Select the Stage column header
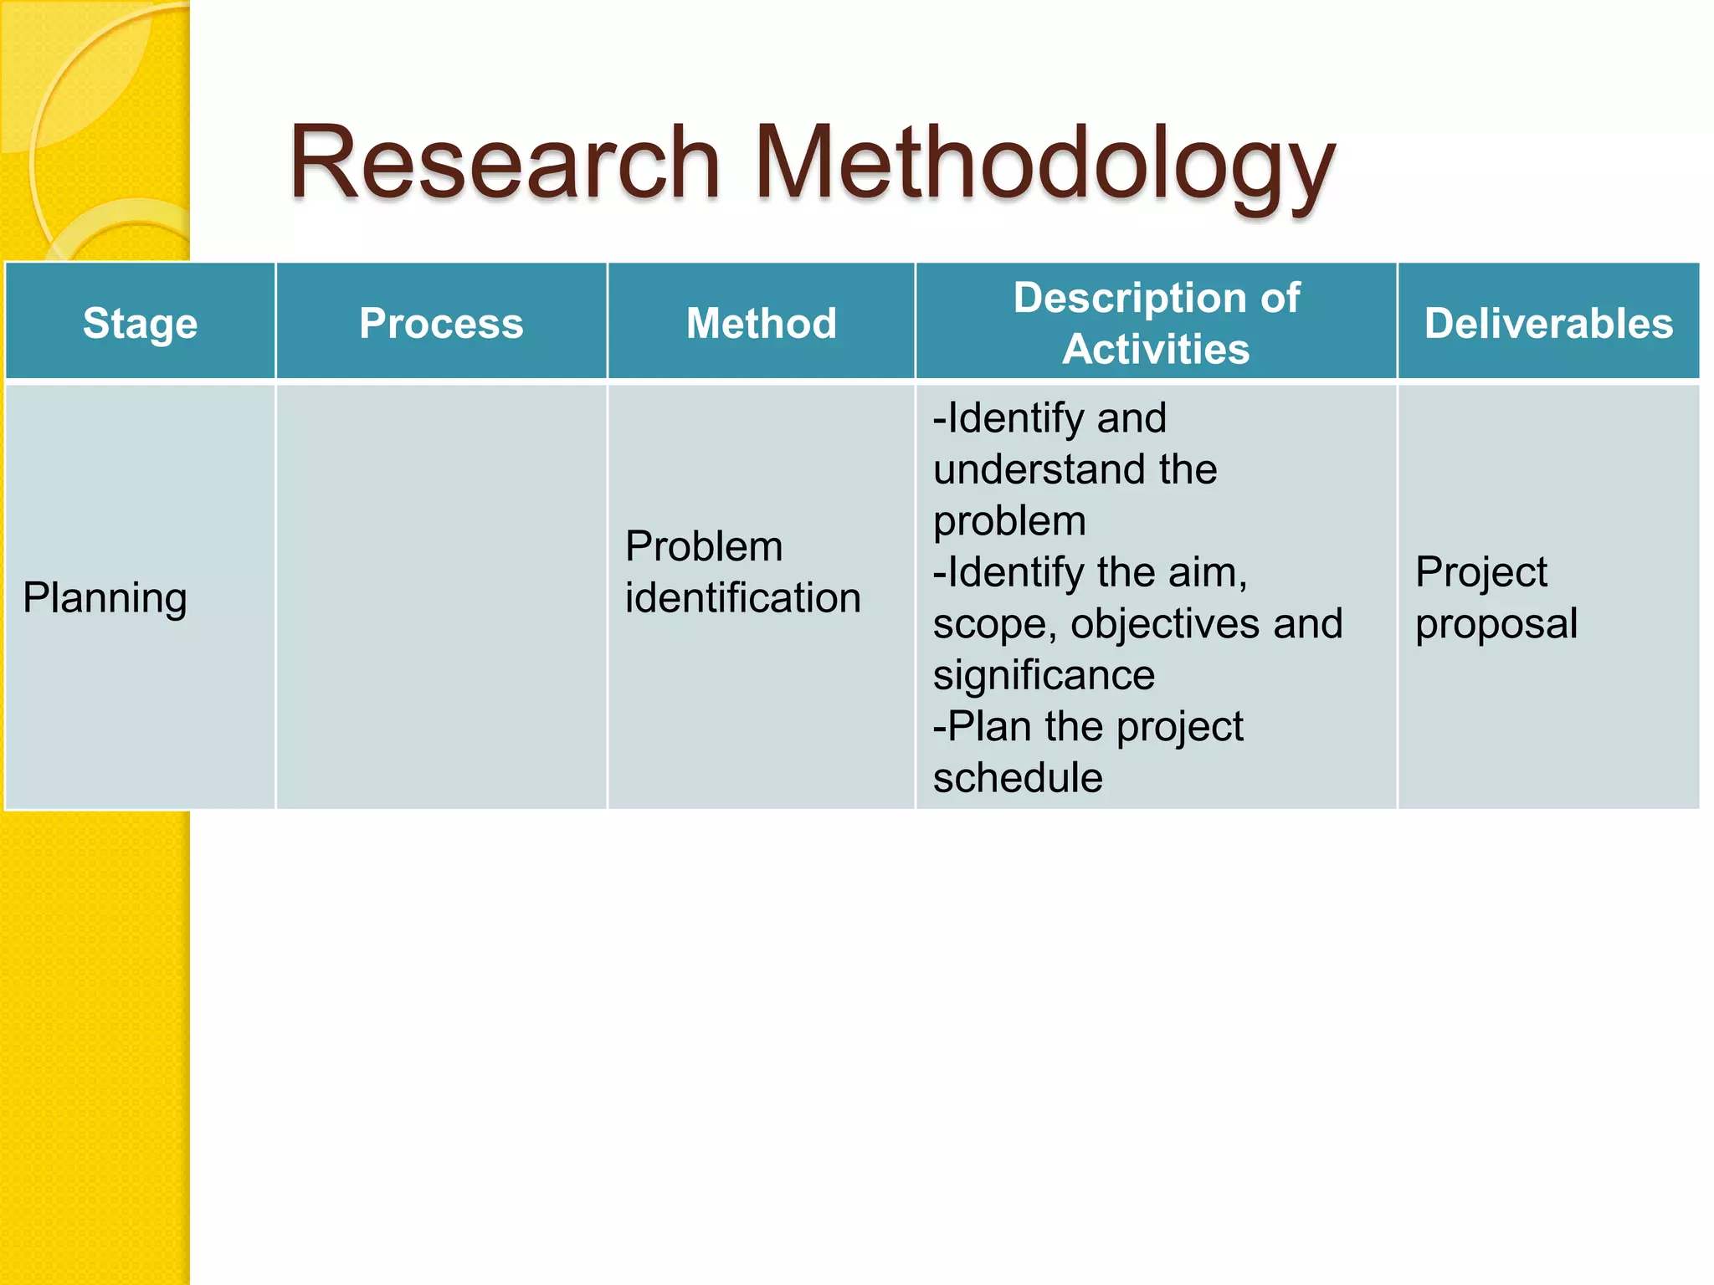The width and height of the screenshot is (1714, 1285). [x=140, y=323]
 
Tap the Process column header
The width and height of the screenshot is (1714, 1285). [x=441, y=323]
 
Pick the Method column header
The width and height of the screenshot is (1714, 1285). [x=761, y=323]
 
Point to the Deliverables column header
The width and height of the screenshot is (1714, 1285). [x=1548, y=323]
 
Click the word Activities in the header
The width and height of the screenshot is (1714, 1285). [x=1156, y=349]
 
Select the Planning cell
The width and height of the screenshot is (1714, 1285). [x=105, y=599]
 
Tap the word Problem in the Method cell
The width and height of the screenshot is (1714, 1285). [x=704, y=547]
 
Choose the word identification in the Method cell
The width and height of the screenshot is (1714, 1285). [x=742, y=598]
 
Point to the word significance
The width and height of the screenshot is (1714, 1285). [x=1044, y=675]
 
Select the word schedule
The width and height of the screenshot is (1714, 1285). [x=1018, y=778]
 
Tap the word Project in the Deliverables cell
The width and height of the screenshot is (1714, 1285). [x=1481, y=573]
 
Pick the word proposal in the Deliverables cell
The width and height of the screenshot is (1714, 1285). [x=1496, y=625]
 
